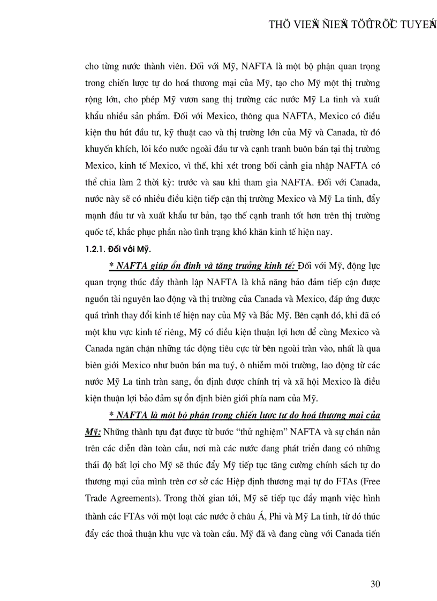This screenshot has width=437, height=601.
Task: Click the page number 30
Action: click(x=375, y=583)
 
